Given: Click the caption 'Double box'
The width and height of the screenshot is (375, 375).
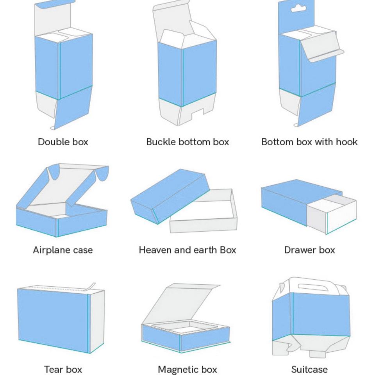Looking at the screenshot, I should pos(63,142).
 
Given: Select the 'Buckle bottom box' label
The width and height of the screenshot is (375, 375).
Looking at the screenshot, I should pos(187,142).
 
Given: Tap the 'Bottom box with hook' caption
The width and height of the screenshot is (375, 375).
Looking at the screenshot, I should pos(309,142).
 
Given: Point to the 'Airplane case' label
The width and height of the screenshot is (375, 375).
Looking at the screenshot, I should pos(63,250).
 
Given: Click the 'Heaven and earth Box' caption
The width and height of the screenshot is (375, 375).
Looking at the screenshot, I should pos(187,250).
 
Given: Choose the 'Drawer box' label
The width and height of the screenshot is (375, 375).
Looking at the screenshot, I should pos(309,250).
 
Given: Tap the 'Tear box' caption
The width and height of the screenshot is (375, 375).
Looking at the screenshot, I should pos(63,370).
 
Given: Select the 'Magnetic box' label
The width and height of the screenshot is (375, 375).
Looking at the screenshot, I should pos(187,370).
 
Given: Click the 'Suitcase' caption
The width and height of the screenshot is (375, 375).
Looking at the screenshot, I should pos(309,370).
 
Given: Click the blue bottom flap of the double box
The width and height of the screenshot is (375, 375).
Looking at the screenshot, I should pos(74,109).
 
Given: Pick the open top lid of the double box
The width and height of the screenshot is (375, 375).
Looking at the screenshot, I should pos(53,18).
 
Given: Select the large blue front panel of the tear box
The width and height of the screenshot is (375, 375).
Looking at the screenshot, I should pos(53,316).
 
